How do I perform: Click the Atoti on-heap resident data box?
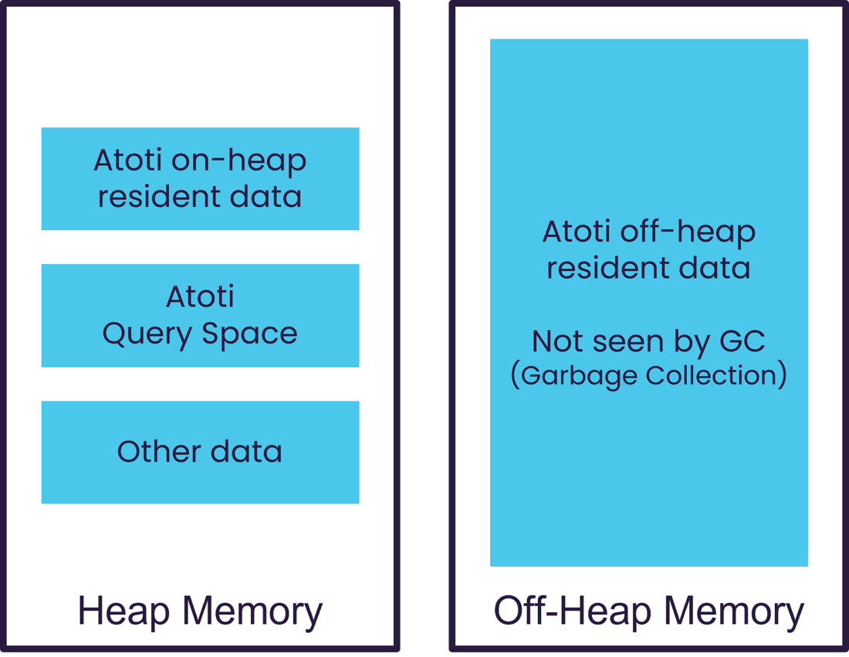pos(201,179)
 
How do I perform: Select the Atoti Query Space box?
pos(201,316)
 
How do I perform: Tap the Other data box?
pos(201,452)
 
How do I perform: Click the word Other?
pos(159,451)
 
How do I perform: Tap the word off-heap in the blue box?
pos(688,232)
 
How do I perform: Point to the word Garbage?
pos(579,376)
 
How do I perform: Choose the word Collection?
pos(712,374)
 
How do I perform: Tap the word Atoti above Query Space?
pos(201,297)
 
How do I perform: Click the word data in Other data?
pos(246,451)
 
